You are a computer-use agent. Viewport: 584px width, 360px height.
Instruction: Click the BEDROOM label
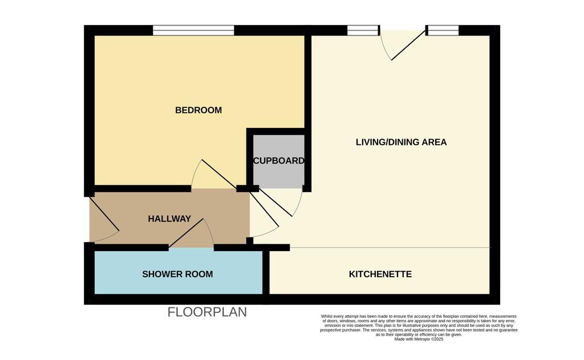pyautogui.click(x=198, y=110)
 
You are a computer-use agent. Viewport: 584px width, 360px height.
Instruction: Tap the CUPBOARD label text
pyautogui.click(x=278, y=161)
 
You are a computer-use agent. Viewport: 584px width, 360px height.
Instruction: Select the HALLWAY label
pyautogui.click(x=169, y=219)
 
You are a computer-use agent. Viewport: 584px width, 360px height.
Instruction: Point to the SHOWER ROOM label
pyautogui.click(x=177, y=274)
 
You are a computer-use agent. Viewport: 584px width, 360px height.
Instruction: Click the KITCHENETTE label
pyautogui.click(x=380, y=274)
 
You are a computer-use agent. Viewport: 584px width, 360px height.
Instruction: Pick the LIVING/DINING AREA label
pyautogui.click(x=401, y=142)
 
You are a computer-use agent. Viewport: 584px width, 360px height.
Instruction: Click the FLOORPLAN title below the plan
pyautogui.click(x=207, y=312)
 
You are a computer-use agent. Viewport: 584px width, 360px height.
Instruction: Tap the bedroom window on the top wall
pyautogui.click(x=193, y=30)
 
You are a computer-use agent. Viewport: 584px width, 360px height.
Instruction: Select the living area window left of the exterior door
pyautogui.click(x=363, y=30)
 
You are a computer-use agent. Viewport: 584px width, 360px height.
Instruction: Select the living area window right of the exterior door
pyautogui.click(x=443, y=30)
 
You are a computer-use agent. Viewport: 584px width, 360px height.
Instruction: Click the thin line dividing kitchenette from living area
pyautogui.click(x=388, y=248)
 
